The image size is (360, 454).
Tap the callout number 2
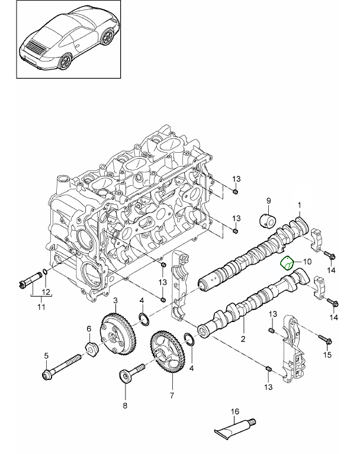(242, 339)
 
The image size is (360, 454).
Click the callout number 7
(172, 395)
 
